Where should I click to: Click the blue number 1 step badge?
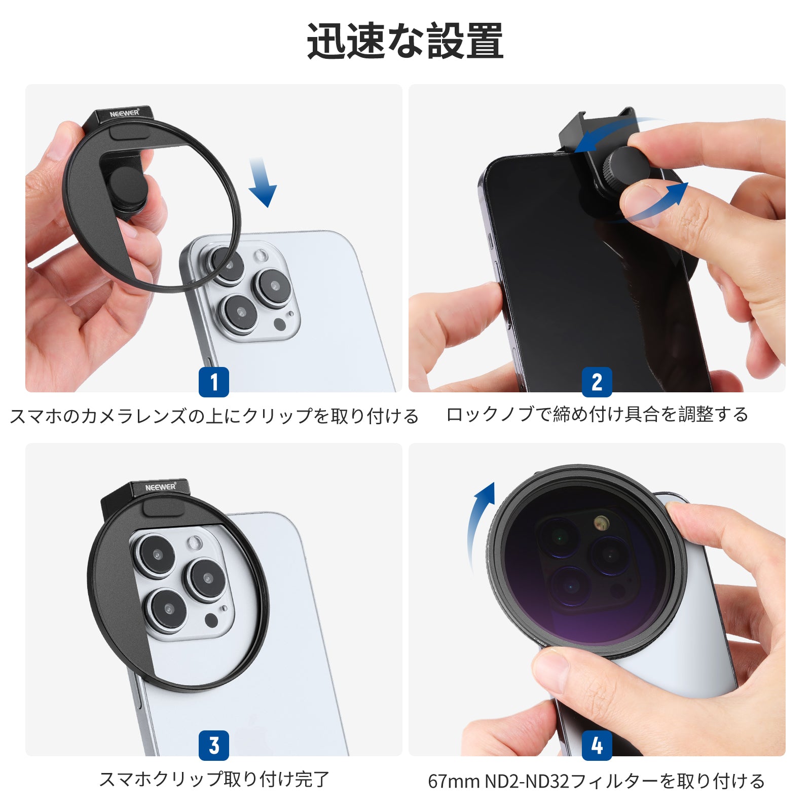[x=213, y=382]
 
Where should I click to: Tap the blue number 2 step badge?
[x=597, y=382]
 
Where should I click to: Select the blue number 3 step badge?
[x=213, y=745]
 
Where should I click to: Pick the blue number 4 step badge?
[x=597, y=745]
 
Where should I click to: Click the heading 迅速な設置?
[x=405, y=41]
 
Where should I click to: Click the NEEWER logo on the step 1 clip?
[x=124, y=113]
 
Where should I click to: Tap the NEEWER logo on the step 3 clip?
[x=160, y=487]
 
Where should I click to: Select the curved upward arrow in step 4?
[x=479, y=522]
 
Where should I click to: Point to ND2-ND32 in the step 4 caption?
[x=527, y=781]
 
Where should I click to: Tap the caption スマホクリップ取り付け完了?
[x=214, y=779]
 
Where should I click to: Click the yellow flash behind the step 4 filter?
[x=601, y=523]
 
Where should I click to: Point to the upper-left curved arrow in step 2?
[x=616, y=133]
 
